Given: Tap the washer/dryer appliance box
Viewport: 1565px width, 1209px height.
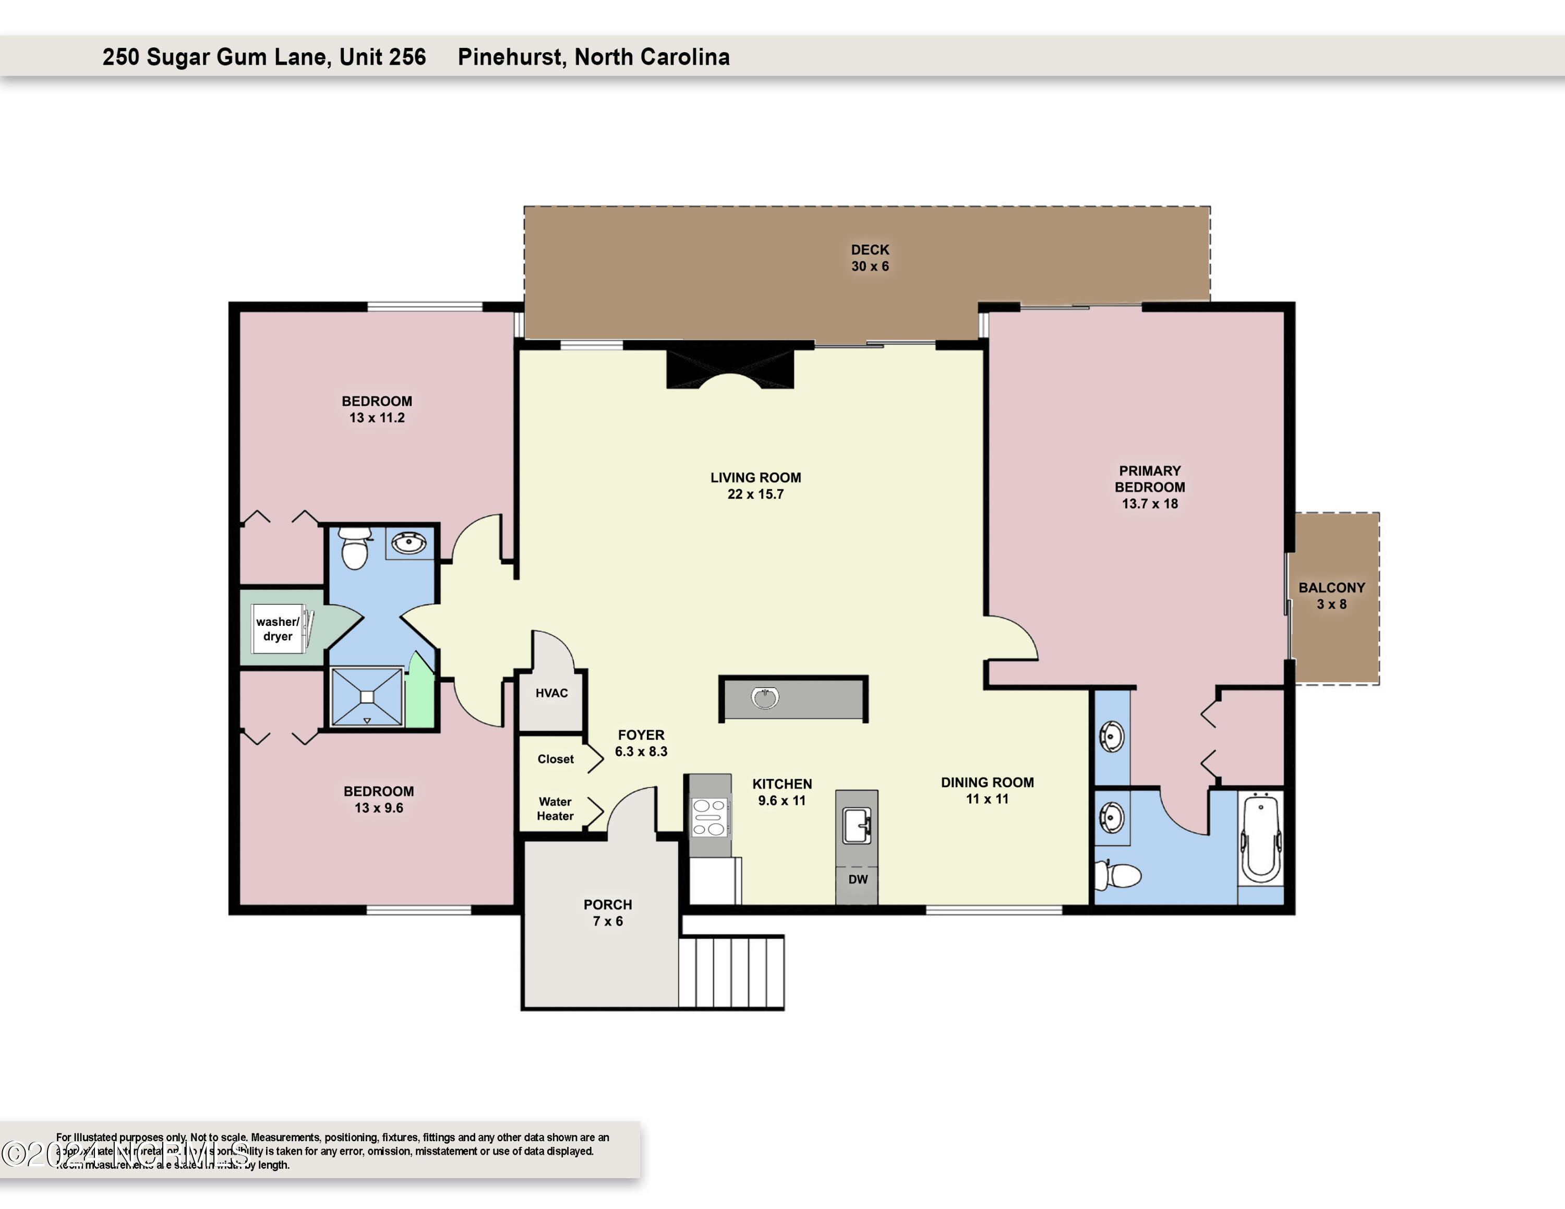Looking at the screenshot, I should pyautogui.click(x=280, y=629).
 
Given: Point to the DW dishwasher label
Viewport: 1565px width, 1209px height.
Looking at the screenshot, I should pyautogui.click(x=858, y=879).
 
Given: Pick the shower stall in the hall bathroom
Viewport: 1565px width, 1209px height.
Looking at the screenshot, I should pyautogui.click(x=367, y=697).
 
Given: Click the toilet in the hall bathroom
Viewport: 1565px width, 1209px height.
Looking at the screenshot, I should pyautogui.click(x=355, y=548).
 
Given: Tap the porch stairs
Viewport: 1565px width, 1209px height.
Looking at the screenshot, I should pyautogui.click(x=731, y=972).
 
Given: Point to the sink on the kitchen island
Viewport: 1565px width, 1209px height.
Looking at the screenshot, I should pyautogui.click(x=765, y=698).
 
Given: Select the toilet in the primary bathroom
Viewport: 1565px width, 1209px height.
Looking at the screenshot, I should pyautogui.click(x=1118, y=875).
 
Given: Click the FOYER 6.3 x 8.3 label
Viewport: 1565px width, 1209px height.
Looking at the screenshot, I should pyautogui.click(x=641, y=743).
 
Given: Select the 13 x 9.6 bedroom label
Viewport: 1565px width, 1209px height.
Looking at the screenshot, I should pyautogui.click(x=378, y=800).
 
